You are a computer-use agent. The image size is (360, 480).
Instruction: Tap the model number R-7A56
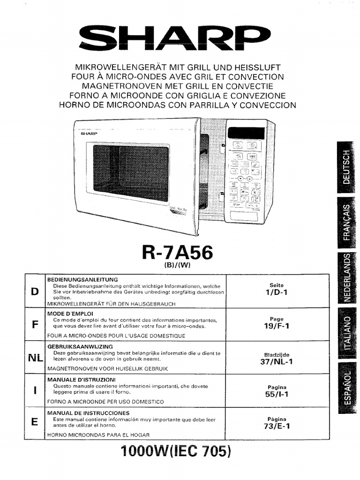click(177, 253)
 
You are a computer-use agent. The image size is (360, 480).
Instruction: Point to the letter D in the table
click(34, 292)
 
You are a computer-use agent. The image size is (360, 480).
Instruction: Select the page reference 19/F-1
click(277, 326)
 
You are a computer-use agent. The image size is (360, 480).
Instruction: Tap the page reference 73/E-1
click(277, 426)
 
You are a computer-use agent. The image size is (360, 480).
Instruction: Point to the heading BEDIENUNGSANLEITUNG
click(82, 279)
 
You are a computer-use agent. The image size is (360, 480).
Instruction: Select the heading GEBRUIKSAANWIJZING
click(79, 346)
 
